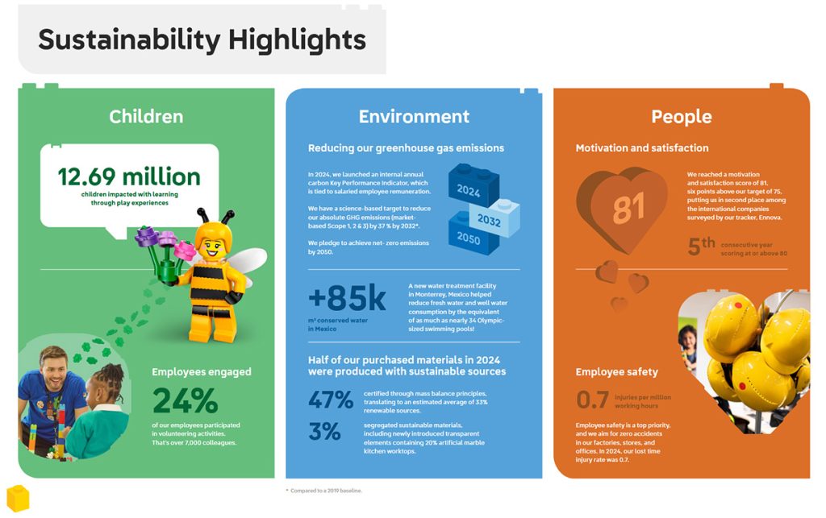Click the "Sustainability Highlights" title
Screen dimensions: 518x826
pos(202,39)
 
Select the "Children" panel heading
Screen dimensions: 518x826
pos(146,117)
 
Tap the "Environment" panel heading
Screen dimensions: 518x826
pos(414,117)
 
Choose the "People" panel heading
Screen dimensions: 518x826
pos(681,117)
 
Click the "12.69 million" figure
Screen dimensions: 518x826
pos(129,176)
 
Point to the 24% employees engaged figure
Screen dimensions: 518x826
pos(186,400)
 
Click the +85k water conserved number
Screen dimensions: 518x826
pos(347,298)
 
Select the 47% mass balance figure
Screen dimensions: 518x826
pos(331,400)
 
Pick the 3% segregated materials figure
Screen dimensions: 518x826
pos(324,432)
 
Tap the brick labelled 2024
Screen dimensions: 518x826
pos(469,189)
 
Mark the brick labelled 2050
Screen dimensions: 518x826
pos(469,239)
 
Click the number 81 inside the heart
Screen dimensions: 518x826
pos(629,209)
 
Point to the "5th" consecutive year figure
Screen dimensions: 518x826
pos(701,247)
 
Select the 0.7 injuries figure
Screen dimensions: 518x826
pos(593,400)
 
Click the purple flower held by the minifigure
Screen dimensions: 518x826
pos(147,235)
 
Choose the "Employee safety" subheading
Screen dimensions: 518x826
pos(616,371)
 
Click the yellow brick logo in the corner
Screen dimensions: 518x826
pos(18,497)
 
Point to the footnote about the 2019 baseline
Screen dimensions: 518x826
pos(323,490)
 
